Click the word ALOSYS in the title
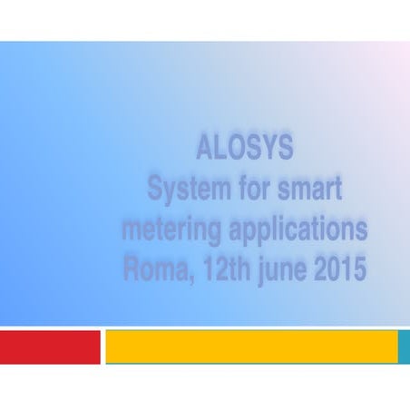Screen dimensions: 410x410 click(244, 149)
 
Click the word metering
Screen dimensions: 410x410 click(171, 230)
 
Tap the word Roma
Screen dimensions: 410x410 click(153, 269)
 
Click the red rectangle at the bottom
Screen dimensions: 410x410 click(49, 347)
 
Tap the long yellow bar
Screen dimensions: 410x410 click(251, 347)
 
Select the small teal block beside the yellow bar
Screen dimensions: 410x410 click(405, 347)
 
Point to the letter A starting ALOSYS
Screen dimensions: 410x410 click(204, 149)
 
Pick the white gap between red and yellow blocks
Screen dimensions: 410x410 click(102, 347)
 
